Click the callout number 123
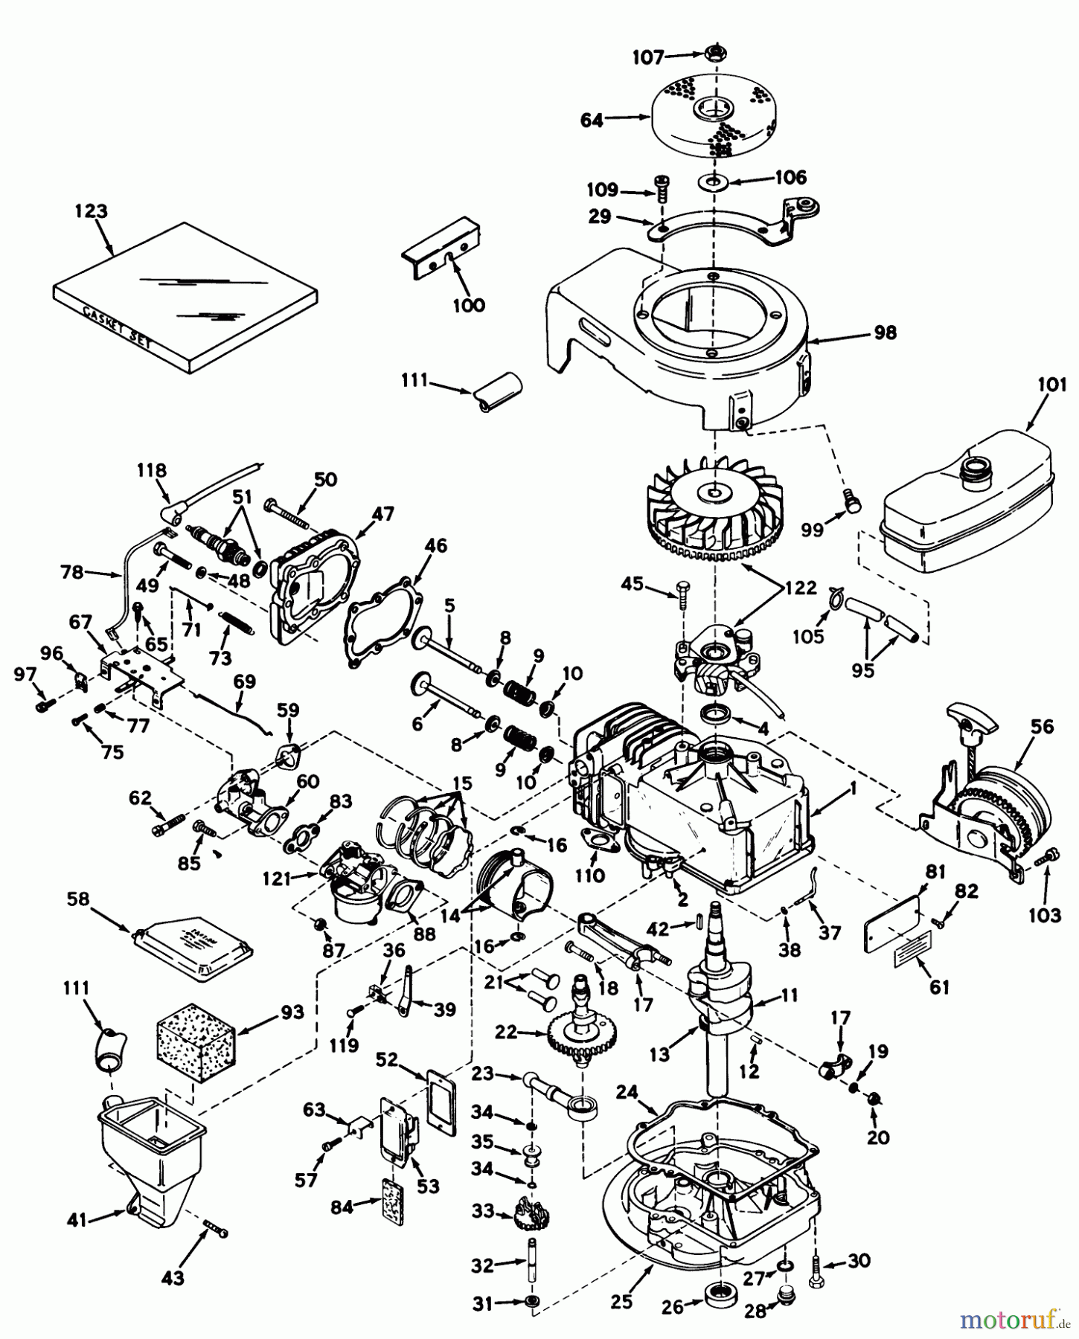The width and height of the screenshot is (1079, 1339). pos(91,211)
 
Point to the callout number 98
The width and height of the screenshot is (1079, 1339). pos(885,333)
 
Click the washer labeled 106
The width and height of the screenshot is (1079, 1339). pos(713,181)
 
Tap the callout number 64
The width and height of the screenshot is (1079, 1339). pos(592,121)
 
